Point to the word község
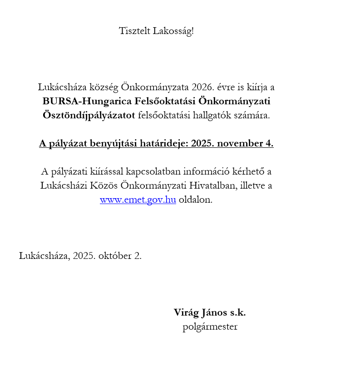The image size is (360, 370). tap(128, 87)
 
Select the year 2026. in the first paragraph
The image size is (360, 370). tap(202, 87)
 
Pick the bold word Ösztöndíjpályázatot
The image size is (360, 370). tap(89, 115)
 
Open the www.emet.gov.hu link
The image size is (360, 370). tap(138, 200)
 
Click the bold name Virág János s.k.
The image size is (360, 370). tap(210, 312)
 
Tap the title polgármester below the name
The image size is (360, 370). tap(210, 326)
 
